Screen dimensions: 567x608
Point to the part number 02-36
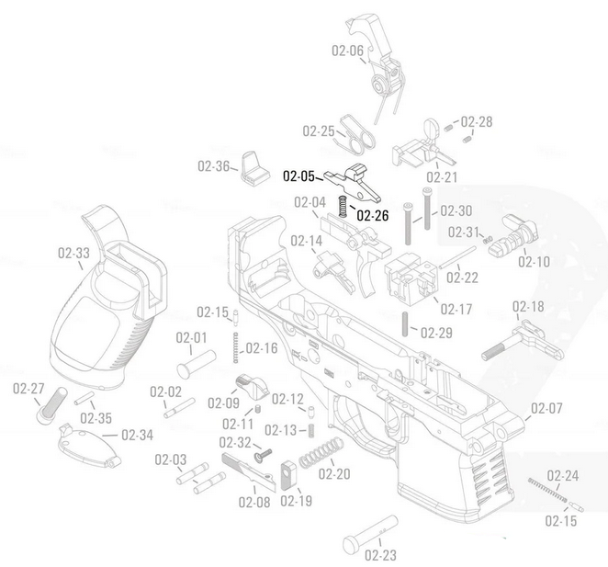[213, 166]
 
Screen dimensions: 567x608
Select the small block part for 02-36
[252, 166]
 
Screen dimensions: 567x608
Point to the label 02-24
[563, 475]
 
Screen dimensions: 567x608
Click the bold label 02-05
[298, 175]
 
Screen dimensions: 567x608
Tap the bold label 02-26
[372, 216]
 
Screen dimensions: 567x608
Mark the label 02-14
[307, 241]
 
